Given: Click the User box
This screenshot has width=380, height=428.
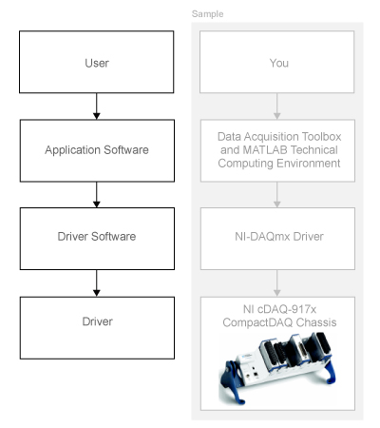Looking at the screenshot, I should [97, 62].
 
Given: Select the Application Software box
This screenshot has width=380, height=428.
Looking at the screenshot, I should [97, 150].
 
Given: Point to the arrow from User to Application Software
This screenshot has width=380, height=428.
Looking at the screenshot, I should [97, 108].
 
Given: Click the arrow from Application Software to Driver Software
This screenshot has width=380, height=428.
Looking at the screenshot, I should [97, 197].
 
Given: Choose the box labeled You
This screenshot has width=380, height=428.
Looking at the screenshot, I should [277, 62].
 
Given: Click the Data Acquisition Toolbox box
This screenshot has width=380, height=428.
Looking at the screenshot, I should [277, 150].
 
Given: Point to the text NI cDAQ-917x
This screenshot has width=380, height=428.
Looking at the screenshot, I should [277, 308].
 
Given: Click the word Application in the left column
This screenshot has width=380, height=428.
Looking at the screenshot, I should [72, 150].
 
